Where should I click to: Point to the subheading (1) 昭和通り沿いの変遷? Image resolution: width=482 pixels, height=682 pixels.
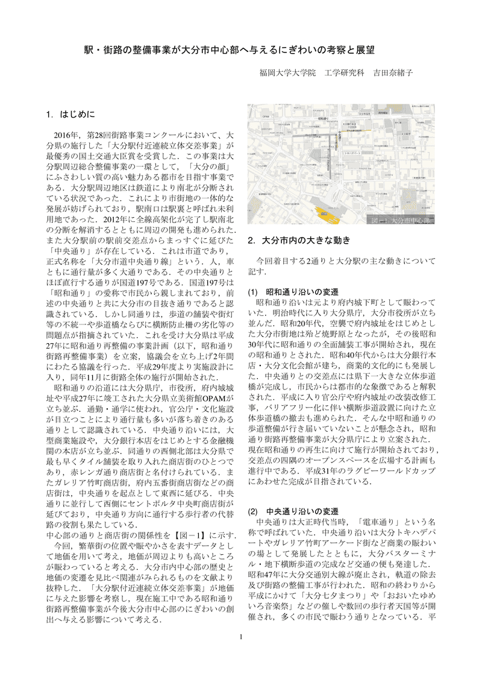(293, 291)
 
